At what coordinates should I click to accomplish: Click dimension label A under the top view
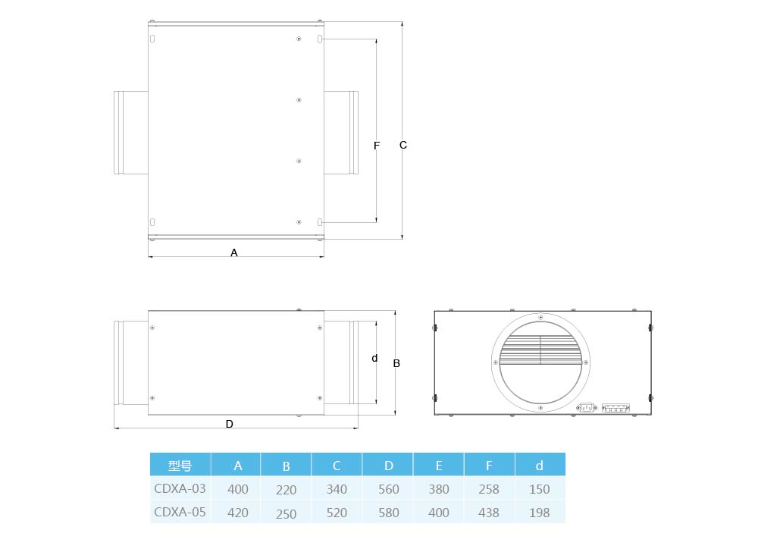234,253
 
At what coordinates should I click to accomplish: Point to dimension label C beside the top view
403,145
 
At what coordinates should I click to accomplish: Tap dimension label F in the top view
377,146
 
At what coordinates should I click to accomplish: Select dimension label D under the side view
230,424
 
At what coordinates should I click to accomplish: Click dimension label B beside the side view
396,363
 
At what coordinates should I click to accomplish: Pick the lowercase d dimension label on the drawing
374,359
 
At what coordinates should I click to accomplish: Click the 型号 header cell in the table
180,466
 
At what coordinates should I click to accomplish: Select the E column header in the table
438,466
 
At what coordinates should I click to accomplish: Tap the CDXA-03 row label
180,488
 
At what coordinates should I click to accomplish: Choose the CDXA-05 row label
180,512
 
